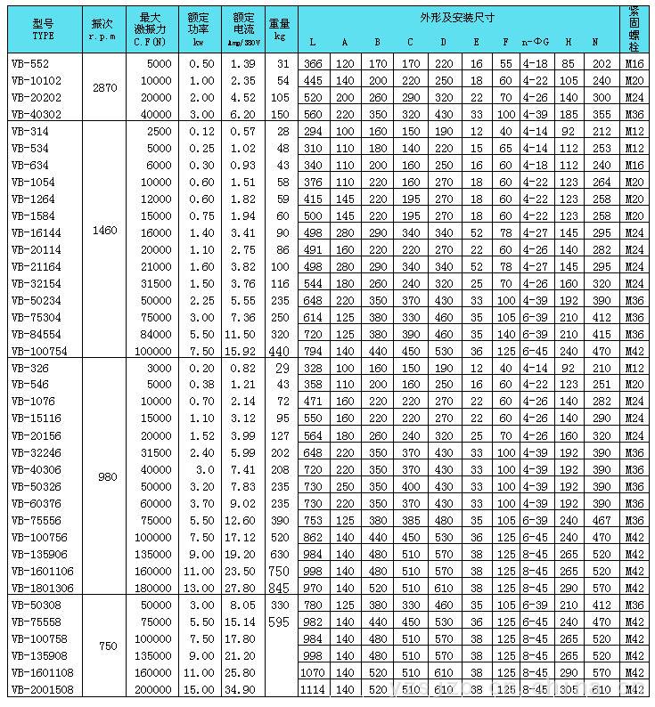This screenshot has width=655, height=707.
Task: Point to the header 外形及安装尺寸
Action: click(457, 18)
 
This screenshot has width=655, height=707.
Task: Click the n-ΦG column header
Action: click(536, 42)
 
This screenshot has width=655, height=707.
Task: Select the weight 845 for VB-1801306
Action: click(279, 588)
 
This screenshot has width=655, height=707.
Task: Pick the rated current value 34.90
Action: click(242, 690)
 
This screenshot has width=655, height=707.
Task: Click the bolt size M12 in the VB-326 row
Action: click(635, 368)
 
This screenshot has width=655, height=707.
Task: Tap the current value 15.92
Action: click(242, 351)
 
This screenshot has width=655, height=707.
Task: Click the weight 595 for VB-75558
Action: click(279, 622)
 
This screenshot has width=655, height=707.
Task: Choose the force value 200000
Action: click(151, 690)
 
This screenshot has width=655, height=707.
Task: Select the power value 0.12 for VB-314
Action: click(201, 131)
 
